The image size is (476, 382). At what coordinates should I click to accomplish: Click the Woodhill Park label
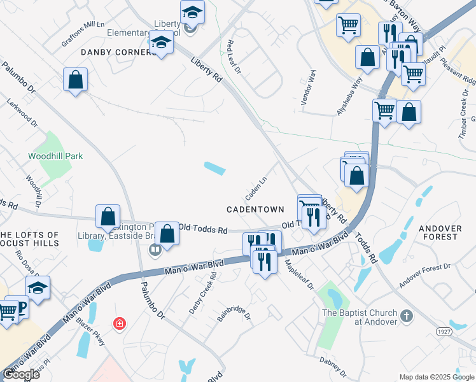click(x=55, y=156)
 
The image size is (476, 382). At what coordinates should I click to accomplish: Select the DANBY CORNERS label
click(x=118, y=52)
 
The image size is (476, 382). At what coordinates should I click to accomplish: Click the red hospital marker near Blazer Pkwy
click(x=119, y=324)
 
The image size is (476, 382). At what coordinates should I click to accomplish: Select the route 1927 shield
click(x=444, y=332)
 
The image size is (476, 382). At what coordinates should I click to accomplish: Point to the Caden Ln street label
click(x=256, y=187)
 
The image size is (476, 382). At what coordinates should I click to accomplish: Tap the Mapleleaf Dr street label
click(x=299, y=274)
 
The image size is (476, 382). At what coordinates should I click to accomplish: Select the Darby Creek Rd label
click(x=202, y=294)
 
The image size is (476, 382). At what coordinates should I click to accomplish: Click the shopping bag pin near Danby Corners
click(x=75, y=80)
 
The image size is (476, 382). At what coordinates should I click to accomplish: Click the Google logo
click(x=21, y=374)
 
